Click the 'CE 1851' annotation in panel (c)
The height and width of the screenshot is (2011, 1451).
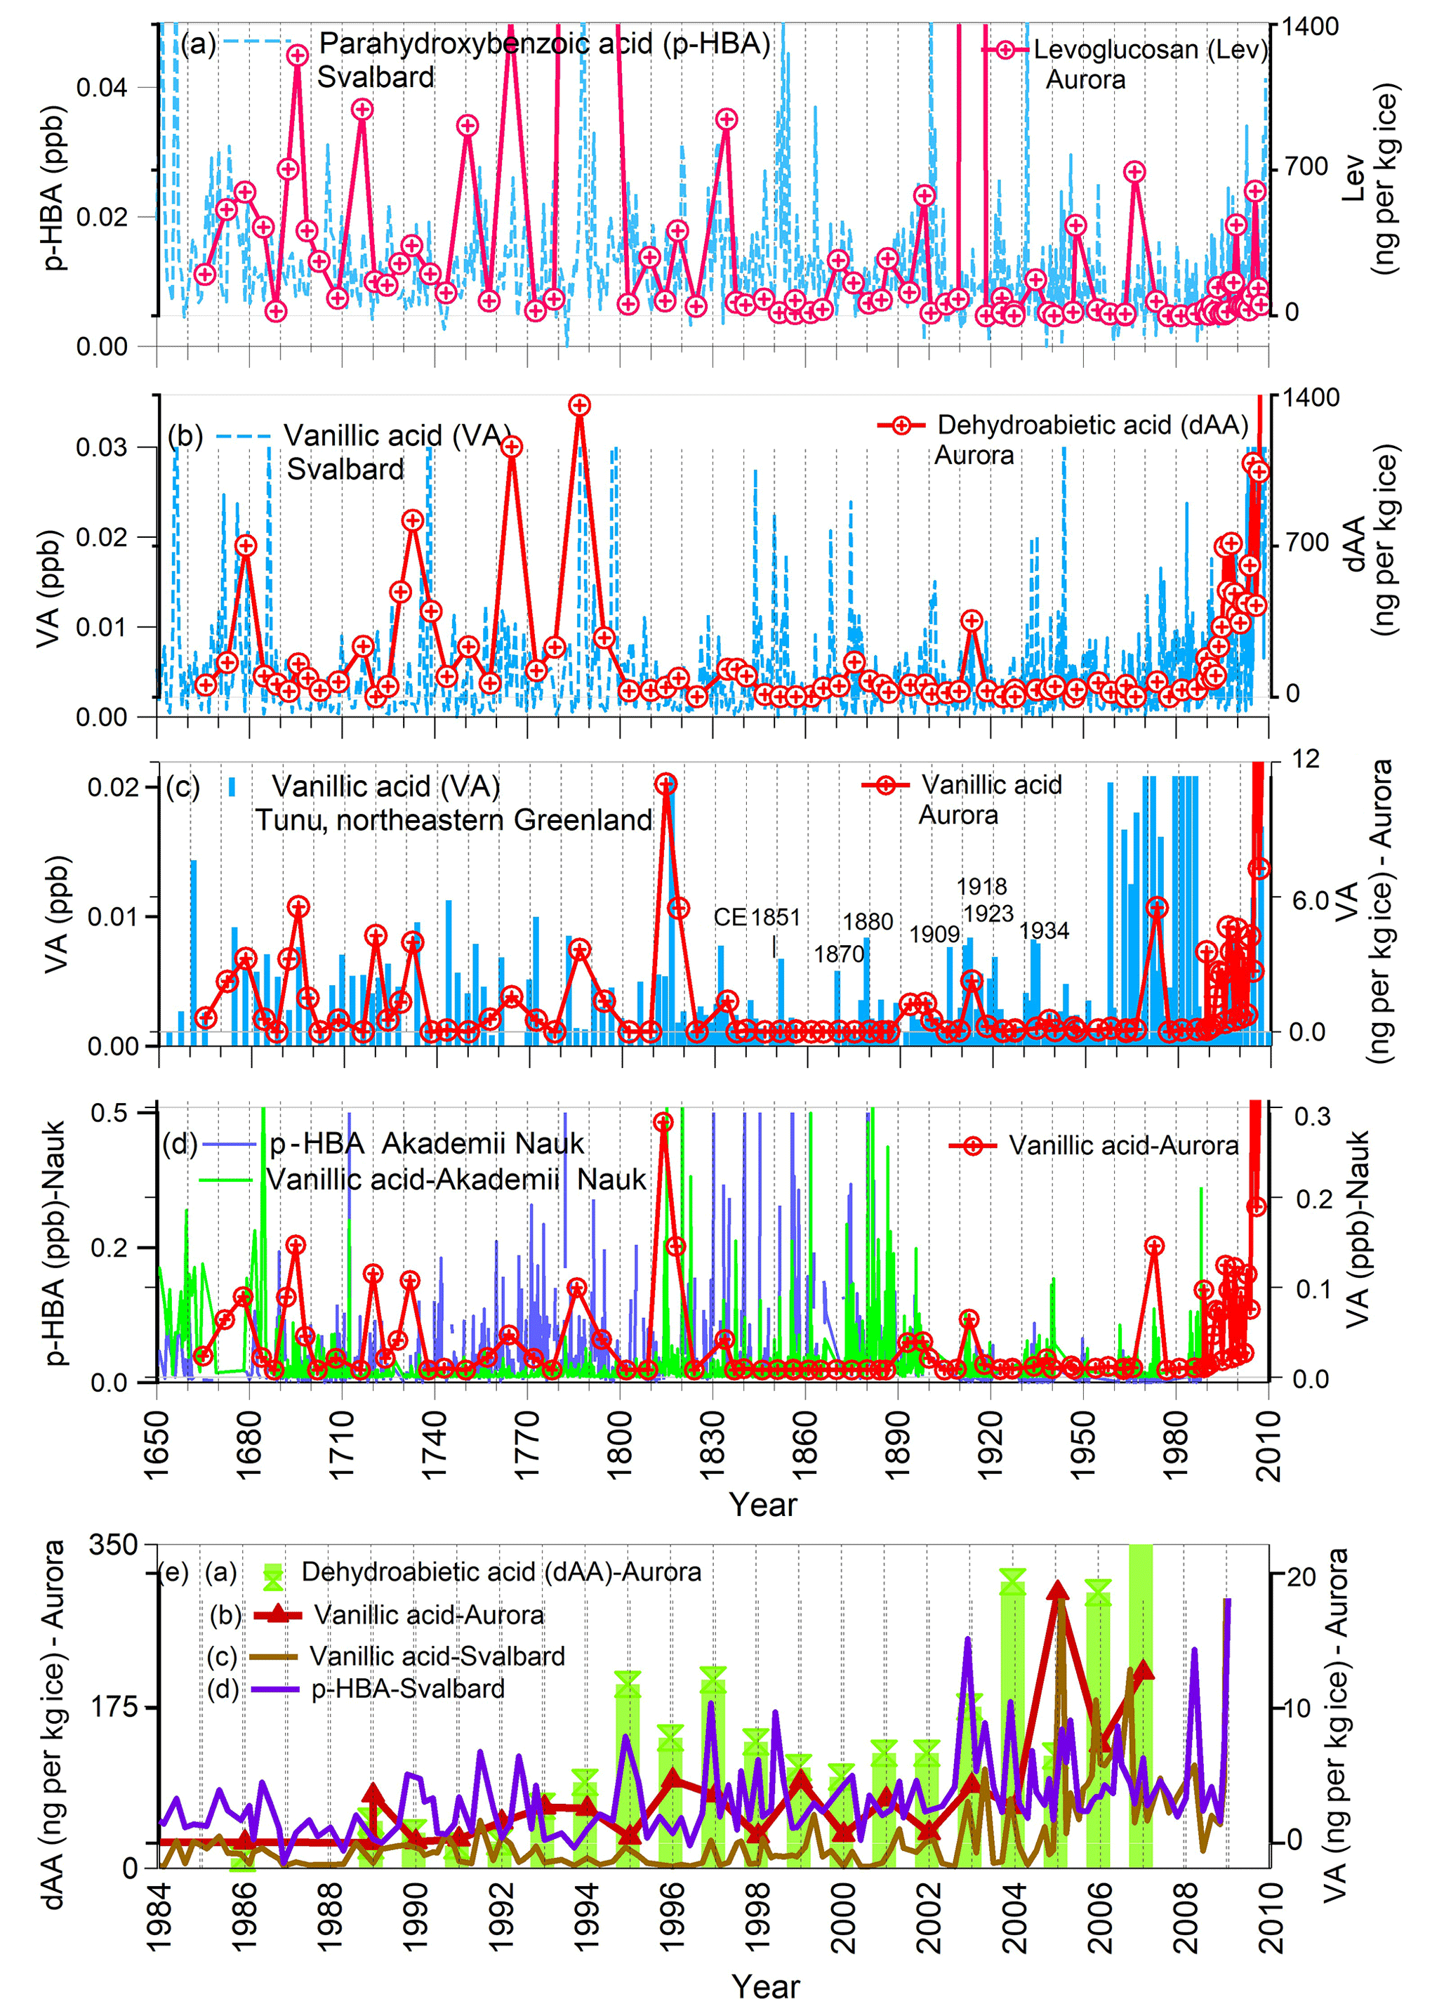click(757, 917)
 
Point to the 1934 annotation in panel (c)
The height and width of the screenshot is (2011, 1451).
click(1043, 930)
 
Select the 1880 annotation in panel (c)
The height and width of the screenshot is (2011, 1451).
click(868, 921)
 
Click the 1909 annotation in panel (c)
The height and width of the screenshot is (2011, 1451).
click(934, 934)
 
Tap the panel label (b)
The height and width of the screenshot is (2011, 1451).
click(185, 436)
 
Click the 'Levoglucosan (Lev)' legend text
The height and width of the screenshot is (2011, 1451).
click(1151, 50)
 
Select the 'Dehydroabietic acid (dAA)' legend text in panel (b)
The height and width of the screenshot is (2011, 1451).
click(1092, 425)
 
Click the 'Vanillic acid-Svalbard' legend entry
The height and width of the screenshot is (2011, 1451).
click(437, 1656)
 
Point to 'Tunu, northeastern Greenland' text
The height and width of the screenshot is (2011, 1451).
click(453, 819)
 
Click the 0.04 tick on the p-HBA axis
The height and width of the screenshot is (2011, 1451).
click(102, 88)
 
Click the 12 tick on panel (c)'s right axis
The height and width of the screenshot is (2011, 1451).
click(1306, 758)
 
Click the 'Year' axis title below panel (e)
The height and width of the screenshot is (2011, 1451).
click(765, 1987)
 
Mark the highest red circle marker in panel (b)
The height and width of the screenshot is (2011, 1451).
click(580, 405)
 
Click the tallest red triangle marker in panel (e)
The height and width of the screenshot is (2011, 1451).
click(1056, 1592)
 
